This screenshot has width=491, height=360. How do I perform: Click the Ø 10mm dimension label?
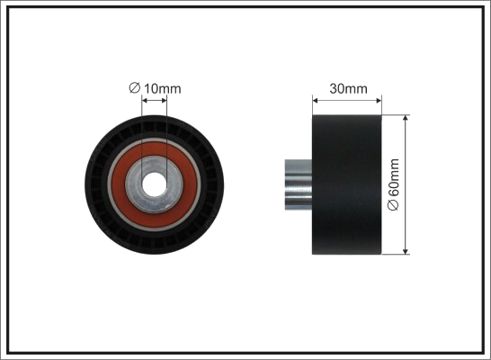point(155,88)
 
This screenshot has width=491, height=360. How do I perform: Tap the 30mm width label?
point(348,89)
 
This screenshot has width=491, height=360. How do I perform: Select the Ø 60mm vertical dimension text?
point(393,184)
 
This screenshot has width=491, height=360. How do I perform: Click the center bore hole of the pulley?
point(154,184)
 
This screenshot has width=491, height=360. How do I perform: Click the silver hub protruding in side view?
point(299,184)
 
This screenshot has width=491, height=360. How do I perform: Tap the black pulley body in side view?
point(347,184)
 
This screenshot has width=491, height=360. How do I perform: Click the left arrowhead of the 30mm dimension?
point(316,101)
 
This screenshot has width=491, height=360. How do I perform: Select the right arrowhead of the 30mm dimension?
point(379,101)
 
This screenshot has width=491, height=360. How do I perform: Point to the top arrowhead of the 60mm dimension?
point(406,118)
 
